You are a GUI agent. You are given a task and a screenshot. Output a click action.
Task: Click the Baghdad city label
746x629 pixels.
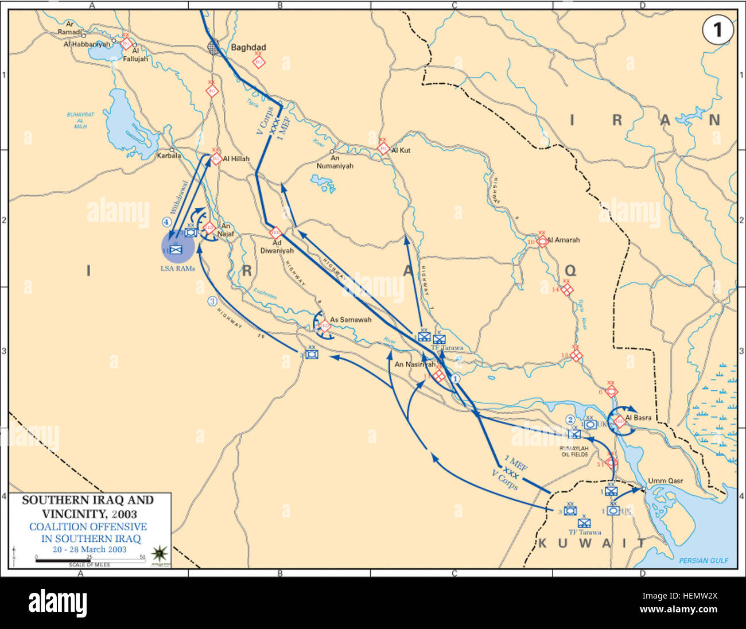point(248,48)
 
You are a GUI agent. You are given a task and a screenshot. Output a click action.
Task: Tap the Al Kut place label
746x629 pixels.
point(401,150)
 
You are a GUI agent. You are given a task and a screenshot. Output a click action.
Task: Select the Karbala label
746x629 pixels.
point(169,156)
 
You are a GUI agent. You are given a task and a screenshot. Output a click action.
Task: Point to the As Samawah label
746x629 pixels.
point(350,320)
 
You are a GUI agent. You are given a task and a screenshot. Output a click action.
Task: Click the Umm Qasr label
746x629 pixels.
point(665,481)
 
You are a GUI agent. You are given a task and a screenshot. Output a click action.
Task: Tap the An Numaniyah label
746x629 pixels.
point(335,162)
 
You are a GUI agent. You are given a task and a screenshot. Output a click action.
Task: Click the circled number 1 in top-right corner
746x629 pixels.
point(717,30)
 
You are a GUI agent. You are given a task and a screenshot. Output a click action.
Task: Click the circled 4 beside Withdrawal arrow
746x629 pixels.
point(166,222)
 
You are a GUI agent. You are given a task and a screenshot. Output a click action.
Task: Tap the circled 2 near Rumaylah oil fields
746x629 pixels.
point(570,420)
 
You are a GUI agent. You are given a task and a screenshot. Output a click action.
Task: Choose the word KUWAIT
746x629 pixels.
point(591,543)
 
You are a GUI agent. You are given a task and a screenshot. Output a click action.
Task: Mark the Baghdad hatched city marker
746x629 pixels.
point(213,47)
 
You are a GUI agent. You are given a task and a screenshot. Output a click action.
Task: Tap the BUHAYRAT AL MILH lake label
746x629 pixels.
point(80,120)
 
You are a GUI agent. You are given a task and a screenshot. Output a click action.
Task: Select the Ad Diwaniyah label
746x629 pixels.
point(277,247)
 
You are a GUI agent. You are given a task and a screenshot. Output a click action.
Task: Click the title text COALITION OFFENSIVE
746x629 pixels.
point(88,527)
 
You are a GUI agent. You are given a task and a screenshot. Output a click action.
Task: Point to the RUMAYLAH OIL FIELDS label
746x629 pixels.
point(575,451)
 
